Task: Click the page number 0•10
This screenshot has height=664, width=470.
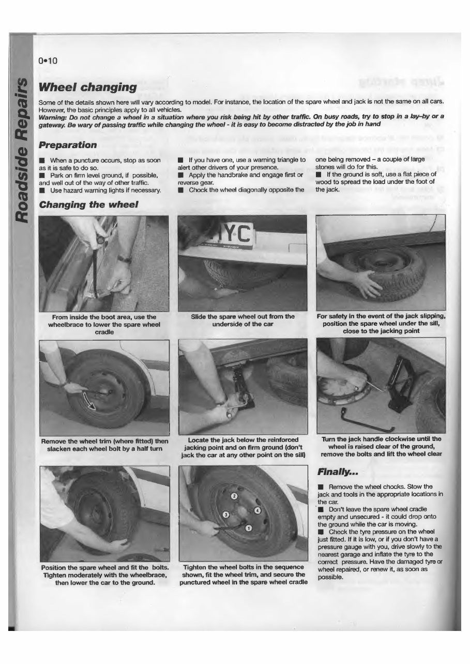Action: (x=48, y=60)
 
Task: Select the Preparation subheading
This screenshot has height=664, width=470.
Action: (x=68, y=145)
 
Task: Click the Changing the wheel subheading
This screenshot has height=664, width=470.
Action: (x=88, y=204)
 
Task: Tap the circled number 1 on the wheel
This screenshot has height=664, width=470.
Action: (x=248, y=527)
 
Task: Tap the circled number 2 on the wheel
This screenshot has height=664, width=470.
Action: (x=233, y=496)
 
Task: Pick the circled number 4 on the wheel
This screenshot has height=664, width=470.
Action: (x=258, y=511)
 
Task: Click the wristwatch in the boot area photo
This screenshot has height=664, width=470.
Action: (x=124, y=258)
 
